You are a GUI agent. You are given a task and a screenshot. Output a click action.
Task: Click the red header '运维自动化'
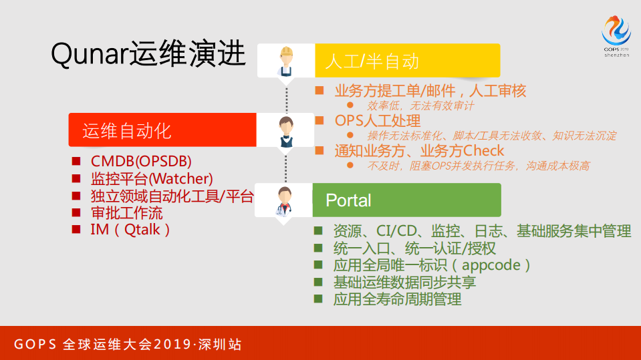[x=127, y=130]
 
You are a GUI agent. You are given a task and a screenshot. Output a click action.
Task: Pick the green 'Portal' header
[x=348, y=200]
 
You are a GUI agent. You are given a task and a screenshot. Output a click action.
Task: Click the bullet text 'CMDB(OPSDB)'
[x=141, y=162]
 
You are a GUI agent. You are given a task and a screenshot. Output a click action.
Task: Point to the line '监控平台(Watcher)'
[x=152, y=179]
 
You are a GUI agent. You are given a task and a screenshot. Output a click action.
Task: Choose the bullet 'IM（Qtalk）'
[x=131, y=230]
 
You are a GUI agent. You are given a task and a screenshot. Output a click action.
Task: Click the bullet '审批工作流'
[x=126, y=213]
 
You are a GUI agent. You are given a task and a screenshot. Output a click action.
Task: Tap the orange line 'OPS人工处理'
[x=378, y=121]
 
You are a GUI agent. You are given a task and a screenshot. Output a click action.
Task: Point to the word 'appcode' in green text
[x=491, y=265]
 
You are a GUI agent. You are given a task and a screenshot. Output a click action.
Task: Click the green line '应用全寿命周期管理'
[x=397, y=299]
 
